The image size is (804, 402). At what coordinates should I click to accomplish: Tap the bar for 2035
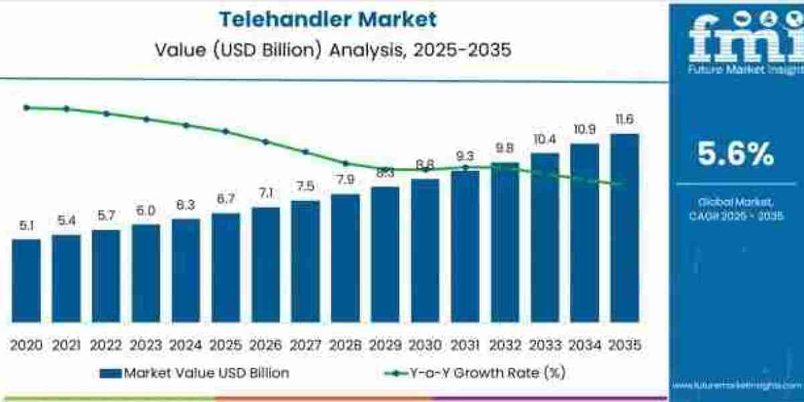[624, 228]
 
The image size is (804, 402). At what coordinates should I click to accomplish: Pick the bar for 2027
[306, 261]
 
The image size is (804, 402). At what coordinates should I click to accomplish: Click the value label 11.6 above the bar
[624, 120]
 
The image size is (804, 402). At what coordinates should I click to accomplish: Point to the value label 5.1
[26, 226]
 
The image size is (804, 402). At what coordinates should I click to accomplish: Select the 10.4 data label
[545, 139]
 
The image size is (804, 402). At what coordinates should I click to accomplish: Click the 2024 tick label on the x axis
[186, 345]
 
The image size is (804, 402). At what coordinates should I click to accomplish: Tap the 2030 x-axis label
[425, 345]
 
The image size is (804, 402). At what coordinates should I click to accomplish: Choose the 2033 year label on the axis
[545, 345]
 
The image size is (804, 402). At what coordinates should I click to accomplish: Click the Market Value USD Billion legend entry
[195, 373]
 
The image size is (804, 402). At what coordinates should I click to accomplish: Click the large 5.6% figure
[736, 155]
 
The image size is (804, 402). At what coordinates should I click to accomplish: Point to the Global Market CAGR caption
[736, 208]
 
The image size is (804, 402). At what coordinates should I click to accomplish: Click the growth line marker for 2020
[26, 107]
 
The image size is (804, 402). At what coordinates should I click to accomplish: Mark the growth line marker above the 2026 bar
[265, 141]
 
